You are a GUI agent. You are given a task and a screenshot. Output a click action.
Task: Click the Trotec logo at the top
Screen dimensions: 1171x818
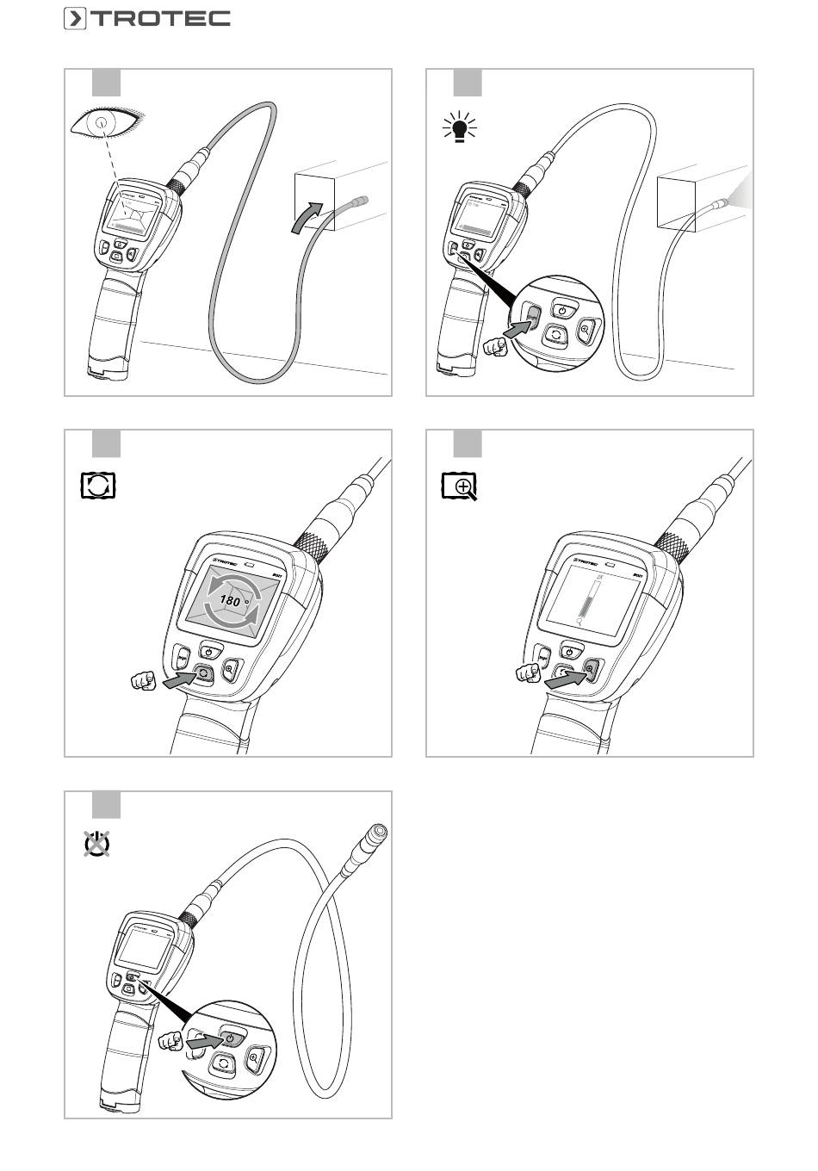[x=146, y=18]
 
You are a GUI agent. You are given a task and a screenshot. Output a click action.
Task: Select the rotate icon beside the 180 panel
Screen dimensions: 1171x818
[x=97, y=486]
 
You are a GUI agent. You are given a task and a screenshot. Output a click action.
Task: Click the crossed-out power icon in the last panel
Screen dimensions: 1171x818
[x=96, y=845]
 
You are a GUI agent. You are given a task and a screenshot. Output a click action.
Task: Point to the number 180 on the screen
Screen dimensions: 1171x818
[x=230, y=601]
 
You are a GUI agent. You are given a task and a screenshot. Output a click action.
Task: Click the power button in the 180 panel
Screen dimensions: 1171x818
[x=211, y=650]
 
